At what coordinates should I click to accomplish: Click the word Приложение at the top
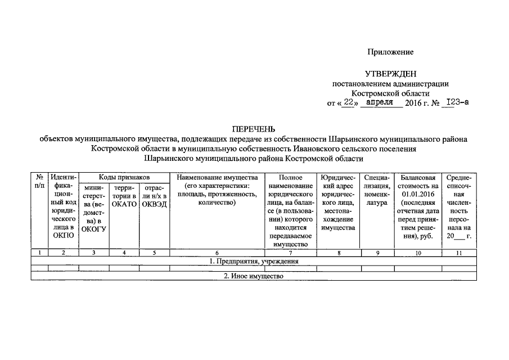[390, 52]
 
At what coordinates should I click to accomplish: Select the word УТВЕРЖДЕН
[390, 74]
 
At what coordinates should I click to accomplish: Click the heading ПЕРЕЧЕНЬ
[254, 128]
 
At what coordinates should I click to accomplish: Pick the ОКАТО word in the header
[124, 204]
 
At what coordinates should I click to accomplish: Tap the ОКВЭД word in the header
[155, 204]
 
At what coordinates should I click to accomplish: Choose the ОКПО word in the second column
[63, 236]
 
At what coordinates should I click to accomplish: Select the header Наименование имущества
[217, 178]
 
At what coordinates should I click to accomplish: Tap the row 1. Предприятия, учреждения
[254, 261]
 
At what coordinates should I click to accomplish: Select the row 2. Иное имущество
[254, 276]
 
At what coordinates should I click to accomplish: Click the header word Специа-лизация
[377, 182]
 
